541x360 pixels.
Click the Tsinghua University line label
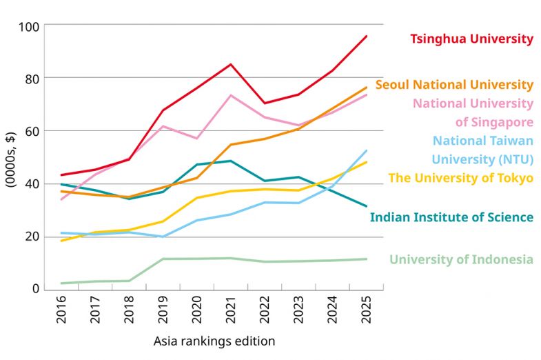coord(471,39)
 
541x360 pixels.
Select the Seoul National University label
coord(454,86)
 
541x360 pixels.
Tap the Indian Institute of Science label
coord(451,217)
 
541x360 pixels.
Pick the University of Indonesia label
coord(461,259)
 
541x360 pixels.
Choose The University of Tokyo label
coord(461,178)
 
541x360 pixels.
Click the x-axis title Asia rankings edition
coord(214,341)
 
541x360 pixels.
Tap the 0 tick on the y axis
coord(37,289)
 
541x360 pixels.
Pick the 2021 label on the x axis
coord(230,309)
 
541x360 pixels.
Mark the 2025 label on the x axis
coord(366,309)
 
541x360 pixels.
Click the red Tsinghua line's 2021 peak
coord(230,64)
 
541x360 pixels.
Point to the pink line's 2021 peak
coord(230,95)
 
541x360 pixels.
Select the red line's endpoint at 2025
coord(366,36)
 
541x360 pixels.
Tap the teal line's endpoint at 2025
coord(366,206)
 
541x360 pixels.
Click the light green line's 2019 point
coord(162,259)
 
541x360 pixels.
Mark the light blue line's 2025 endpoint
coord(366,150)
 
